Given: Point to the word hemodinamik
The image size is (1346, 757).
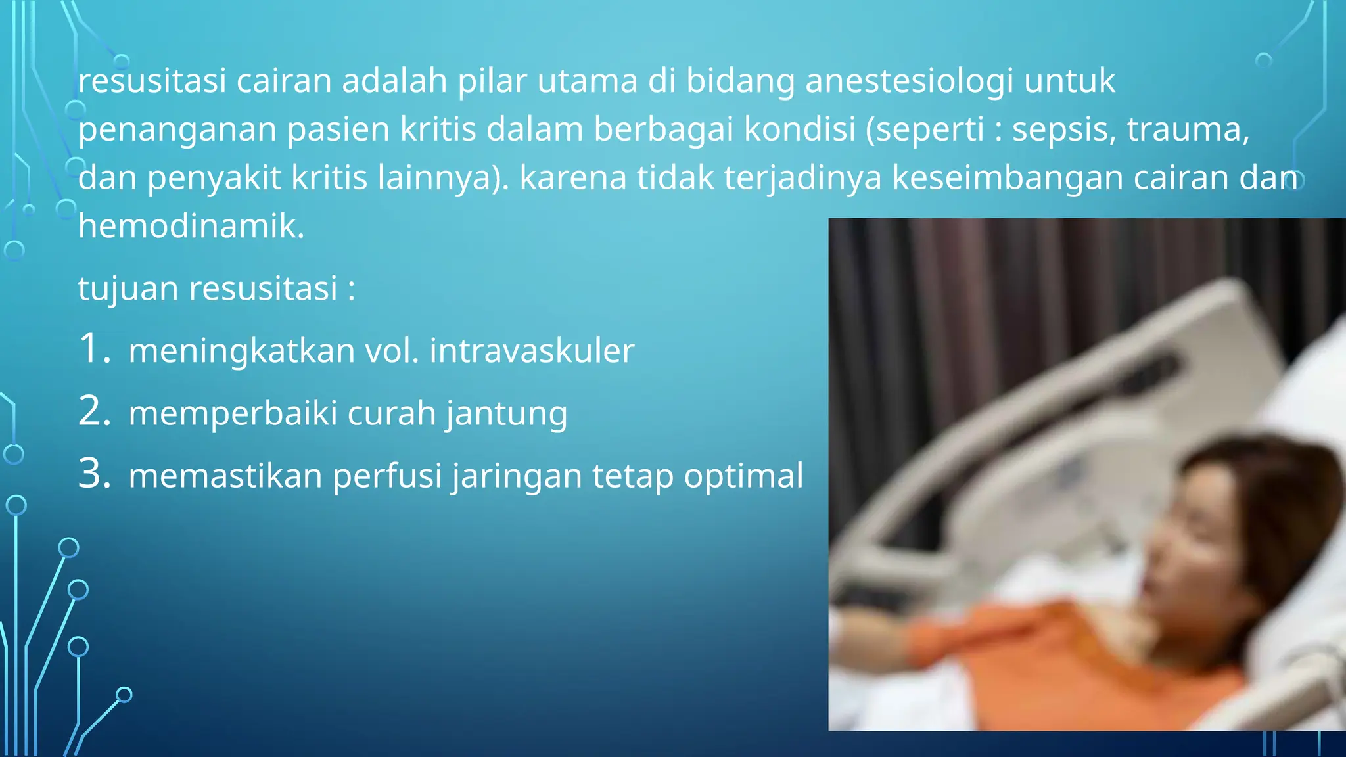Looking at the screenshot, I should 191,226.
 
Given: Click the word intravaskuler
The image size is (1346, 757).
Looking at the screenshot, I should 532,350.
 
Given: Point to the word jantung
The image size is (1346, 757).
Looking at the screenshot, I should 507,414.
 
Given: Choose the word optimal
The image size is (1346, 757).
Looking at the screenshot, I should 743,476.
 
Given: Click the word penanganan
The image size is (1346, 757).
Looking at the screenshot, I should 177,130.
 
